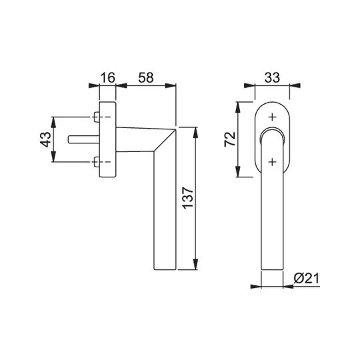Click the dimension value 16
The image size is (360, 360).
pos(108,77)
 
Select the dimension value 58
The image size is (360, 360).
pos(145,77)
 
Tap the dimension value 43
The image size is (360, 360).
pos(45,139)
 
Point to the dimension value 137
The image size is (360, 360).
pos(188,198)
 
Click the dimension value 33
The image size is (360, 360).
pos(272,77)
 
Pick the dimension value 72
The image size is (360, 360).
pos(230,139)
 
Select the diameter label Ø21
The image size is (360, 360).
pos(306,279)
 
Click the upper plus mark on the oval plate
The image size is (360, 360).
pos(272,117)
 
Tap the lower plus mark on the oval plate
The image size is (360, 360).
pos(272,162)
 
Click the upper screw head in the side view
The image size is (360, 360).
pos(97,117)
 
